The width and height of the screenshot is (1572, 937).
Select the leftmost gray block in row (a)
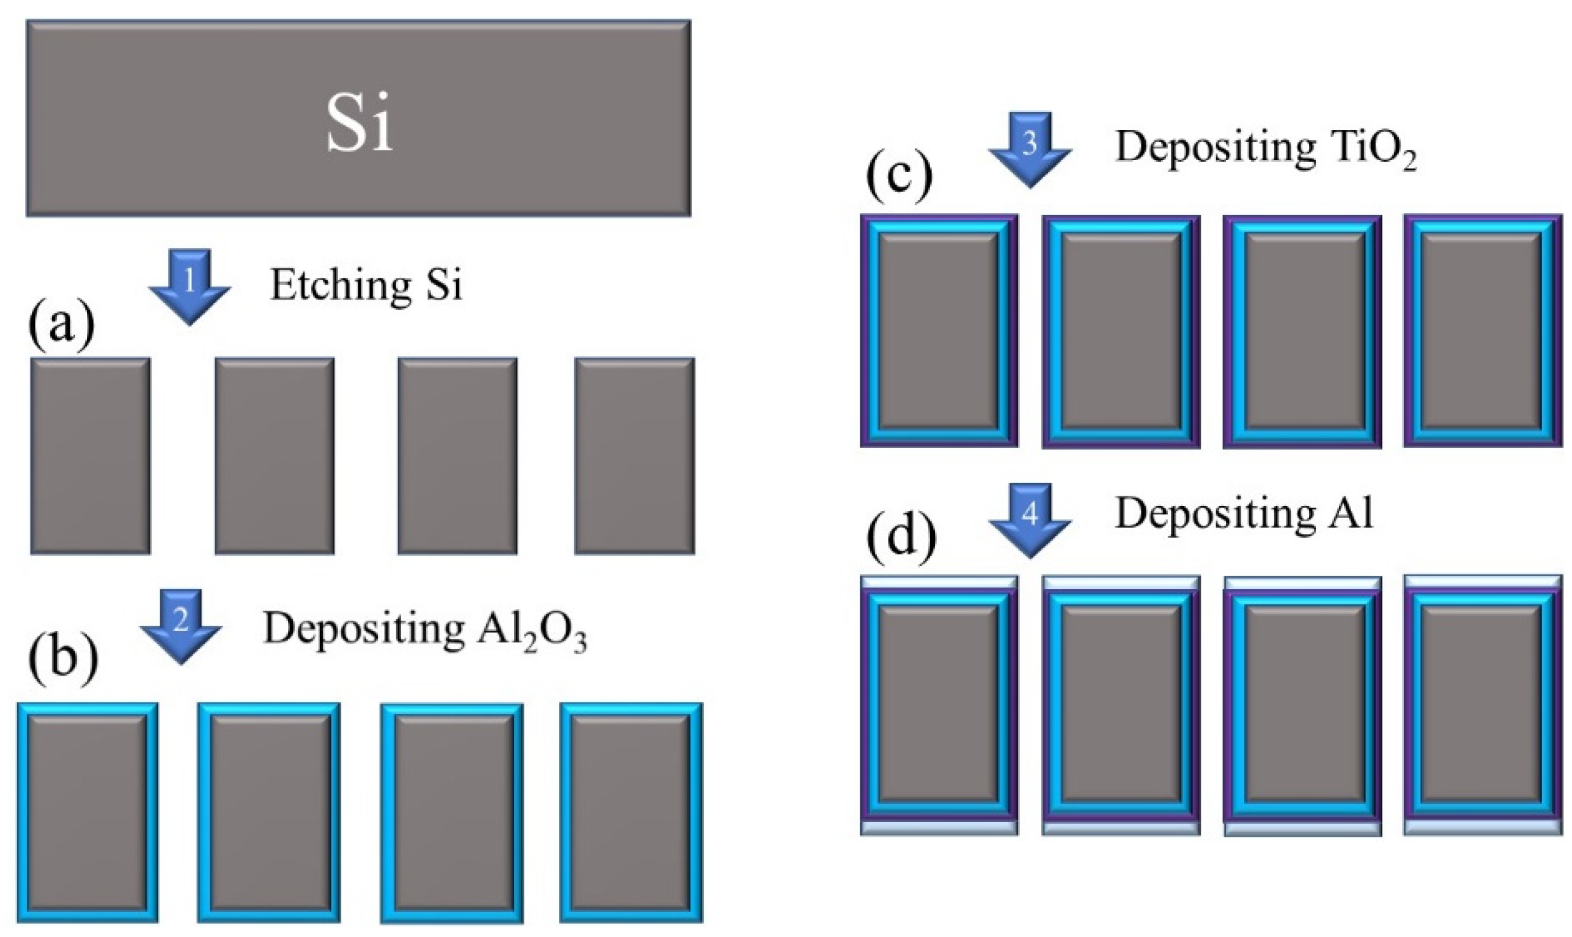pos(90,456)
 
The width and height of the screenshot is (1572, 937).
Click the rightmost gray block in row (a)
pos(634,456)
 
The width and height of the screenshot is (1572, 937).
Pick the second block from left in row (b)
pos(269,812)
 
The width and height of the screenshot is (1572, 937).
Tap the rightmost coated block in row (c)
pos(1482,331)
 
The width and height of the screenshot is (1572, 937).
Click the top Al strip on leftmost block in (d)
pos(939,582)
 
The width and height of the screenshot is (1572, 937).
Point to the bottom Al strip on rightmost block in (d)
pos(1482,827)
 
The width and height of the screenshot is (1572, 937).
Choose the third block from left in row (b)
pos(452,812)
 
